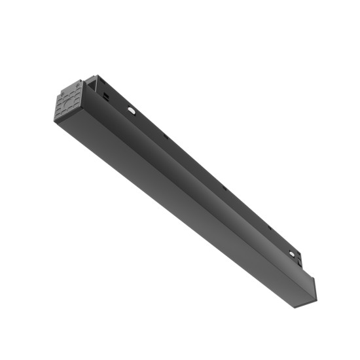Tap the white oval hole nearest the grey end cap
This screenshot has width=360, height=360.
(132, 112)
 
